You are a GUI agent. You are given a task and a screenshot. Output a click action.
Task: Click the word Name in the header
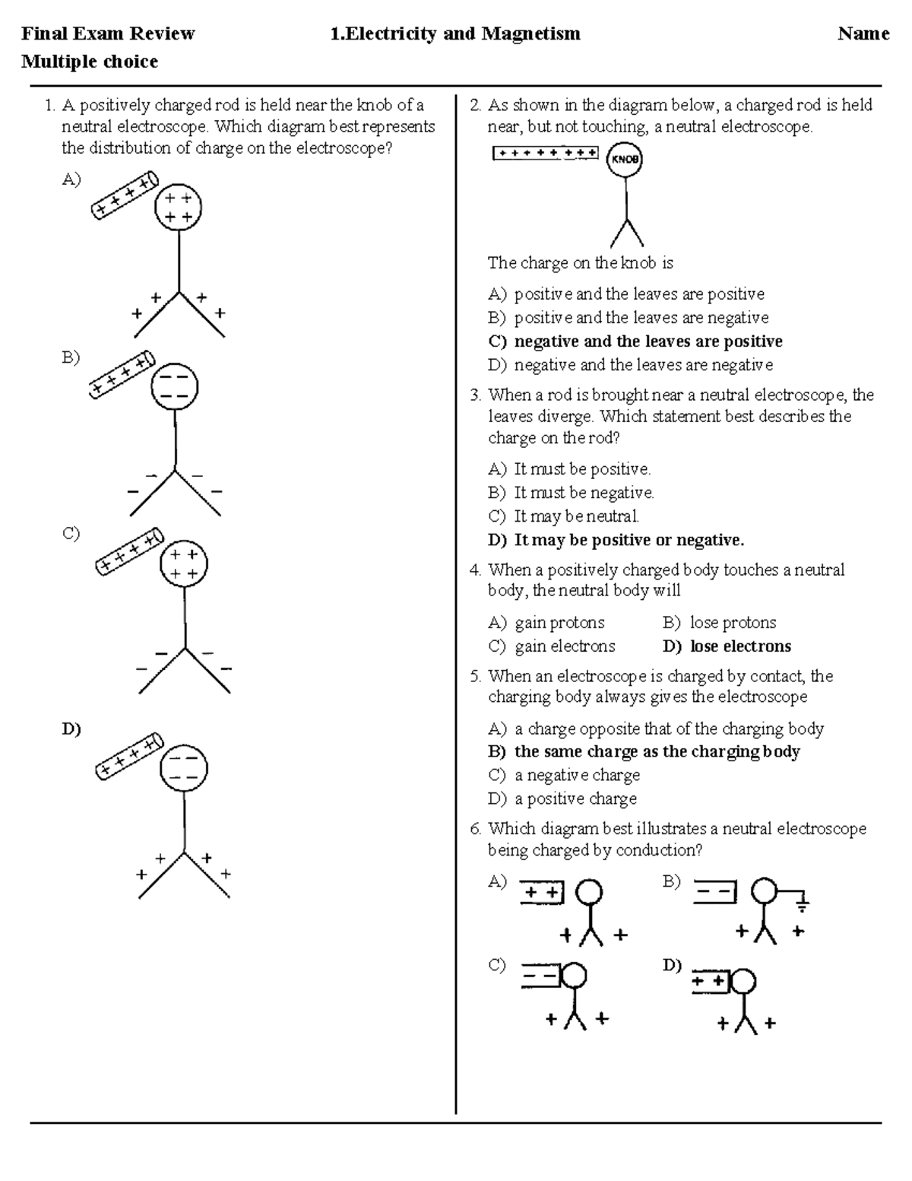pos(863,33)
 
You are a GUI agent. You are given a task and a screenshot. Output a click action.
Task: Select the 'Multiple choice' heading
pos(90,62)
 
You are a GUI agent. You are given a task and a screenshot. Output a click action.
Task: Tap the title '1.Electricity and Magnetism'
pos(455,33)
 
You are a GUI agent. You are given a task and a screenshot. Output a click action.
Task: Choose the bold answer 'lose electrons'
pos(740,646)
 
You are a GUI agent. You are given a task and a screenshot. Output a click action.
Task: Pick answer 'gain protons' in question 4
pos(559,623)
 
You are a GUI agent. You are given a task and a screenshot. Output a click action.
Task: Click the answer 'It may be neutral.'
pos(576,516)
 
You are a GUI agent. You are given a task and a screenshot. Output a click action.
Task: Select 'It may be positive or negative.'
pos(629,540)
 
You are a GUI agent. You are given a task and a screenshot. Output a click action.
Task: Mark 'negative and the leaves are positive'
pos(648,341)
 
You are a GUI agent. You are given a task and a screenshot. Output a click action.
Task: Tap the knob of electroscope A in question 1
pos(178,208)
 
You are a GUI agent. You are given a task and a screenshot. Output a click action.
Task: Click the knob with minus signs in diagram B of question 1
pos(175,387)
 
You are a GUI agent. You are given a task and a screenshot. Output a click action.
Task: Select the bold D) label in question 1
pos(71,729)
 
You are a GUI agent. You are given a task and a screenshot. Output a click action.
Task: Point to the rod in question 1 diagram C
pos(130,553)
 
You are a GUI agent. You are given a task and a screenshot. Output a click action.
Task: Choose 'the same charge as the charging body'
pos(657,751)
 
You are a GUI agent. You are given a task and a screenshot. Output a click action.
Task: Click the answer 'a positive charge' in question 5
pos(575,798)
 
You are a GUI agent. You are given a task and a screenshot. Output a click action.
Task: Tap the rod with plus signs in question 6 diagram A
pos(543,892)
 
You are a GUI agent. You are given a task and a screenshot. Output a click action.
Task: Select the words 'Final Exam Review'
pos(108,33)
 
